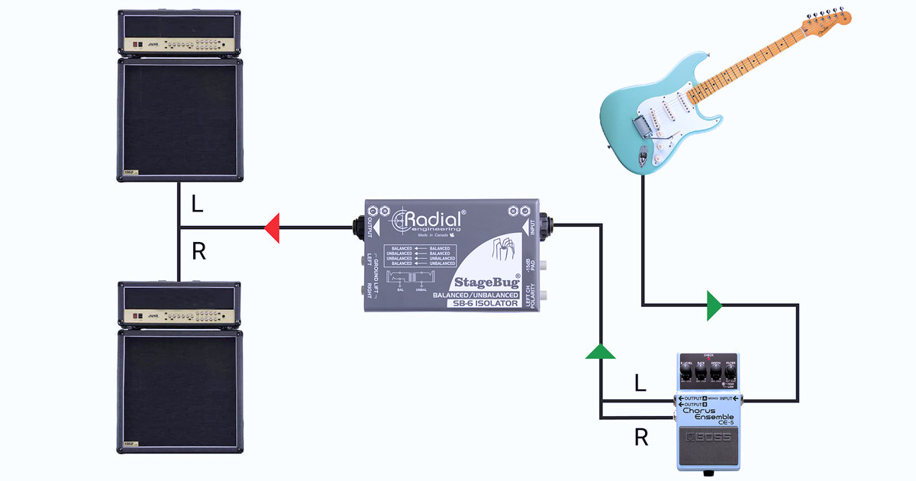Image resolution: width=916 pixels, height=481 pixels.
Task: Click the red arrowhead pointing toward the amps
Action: pos(272,227)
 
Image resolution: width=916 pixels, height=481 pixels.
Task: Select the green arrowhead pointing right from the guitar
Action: pos(714,305)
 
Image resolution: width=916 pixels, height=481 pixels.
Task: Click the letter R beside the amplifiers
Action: pos(198,251)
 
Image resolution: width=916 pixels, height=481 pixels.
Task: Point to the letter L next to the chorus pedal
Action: pos(640,383)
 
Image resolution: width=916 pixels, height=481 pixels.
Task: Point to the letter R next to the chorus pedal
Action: pos(642,437)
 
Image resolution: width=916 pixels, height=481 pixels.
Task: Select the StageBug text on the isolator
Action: pos(487,281)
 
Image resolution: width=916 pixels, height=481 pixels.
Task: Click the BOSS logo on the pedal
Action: pos(710,437)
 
